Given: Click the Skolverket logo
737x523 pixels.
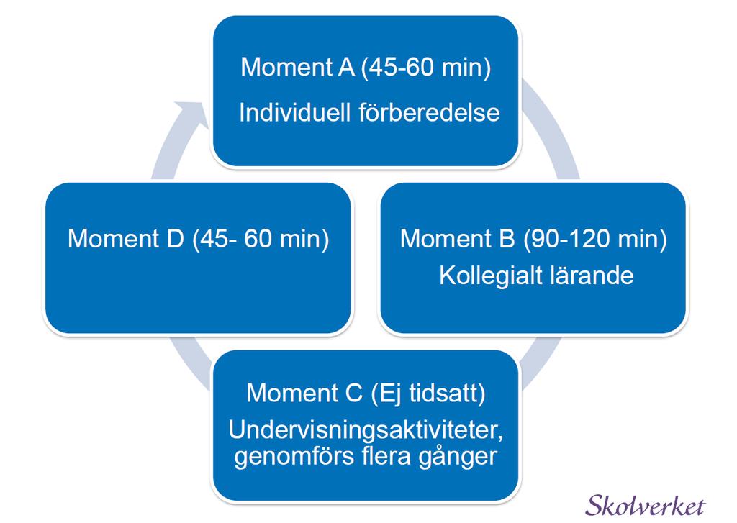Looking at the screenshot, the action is tap(646, 505).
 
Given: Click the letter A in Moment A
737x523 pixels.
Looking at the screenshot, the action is tap(346, 67).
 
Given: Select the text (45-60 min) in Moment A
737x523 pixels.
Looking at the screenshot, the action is tap(426, 67).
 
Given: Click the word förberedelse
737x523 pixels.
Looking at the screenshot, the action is tap(429, 113).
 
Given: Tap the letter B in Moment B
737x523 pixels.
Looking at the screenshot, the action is tap(507, 238).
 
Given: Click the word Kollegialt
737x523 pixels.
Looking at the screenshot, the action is tap(488, 276).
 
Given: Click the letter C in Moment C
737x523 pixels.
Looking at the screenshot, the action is tap(353, 392).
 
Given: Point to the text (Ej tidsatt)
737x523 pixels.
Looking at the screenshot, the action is tap(428, 393).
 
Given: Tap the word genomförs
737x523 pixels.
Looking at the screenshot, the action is tap(294, 456).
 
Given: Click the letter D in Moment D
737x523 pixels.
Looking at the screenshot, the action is tap(175, 238).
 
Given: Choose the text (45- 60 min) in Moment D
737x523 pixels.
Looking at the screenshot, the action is tap(261, 239).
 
